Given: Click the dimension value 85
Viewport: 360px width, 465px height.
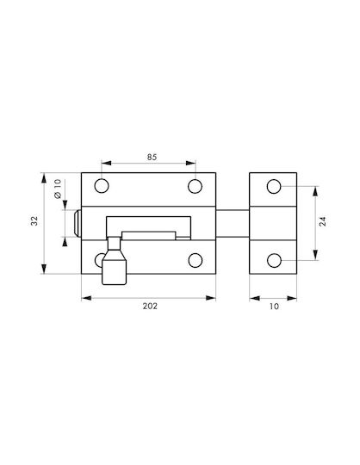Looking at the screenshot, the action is pos(152,158).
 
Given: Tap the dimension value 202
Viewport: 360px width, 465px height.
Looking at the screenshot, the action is pos(150,306).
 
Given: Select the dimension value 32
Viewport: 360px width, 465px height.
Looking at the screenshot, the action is pos(34,220).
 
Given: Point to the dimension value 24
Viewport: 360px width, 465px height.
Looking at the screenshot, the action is pos(323,221).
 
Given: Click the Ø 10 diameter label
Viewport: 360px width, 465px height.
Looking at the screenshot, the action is pos(58,189).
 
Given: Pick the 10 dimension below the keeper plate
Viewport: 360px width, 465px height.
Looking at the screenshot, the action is pos(274,307).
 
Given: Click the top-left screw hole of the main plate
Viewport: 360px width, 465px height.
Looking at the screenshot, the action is pos(102,186).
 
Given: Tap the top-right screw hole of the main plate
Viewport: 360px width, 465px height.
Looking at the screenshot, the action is pos(196,186).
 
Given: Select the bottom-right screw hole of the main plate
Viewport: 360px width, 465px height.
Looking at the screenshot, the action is pos(196,260).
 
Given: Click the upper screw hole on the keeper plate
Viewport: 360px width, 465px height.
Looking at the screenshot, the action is pos(274,186).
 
